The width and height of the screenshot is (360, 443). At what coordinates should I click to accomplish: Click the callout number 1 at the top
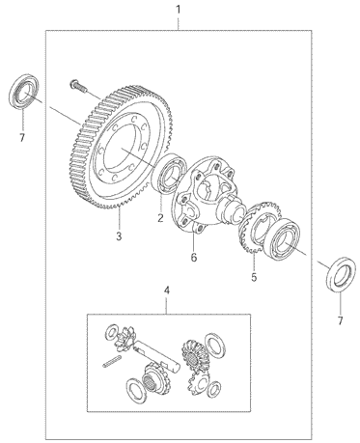tap(178, 9)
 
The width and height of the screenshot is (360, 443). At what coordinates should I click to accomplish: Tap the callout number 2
tap(160, 218)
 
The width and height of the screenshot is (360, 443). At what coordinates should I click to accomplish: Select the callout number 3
tap(119, 236)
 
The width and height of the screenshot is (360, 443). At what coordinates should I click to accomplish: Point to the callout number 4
tap(167, 291)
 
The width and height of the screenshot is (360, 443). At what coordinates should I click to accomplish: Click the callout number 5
tap(254, 277)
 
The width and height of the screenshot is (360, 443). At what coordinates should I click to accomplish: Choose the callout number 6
tap(193, 258)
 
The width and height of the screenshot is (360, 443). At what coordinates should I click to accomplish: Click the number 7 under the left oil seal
tap(22, 138)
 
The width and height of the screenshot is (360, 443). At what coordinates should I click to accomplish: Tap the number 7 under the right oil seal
tap(341, 320)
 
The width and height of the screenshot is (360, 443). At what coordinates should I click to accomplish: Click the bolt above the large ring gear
tap(77, 85)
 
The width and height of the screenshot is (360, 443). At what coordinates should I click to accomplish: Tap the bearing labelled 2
tap(169, 174)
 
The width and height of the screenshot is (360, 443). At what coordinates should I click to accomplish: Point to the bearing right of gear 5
tap(282, 238)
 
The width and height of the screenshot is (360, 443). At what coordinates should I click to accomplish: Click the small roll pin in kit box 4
tap(112, 361)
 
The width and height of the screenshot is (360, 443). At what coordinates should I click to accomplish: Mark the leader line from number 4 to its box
tap(167, 305)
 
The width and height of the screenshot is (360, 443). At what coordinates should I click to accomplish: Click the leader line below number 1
tap(178, 23)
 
